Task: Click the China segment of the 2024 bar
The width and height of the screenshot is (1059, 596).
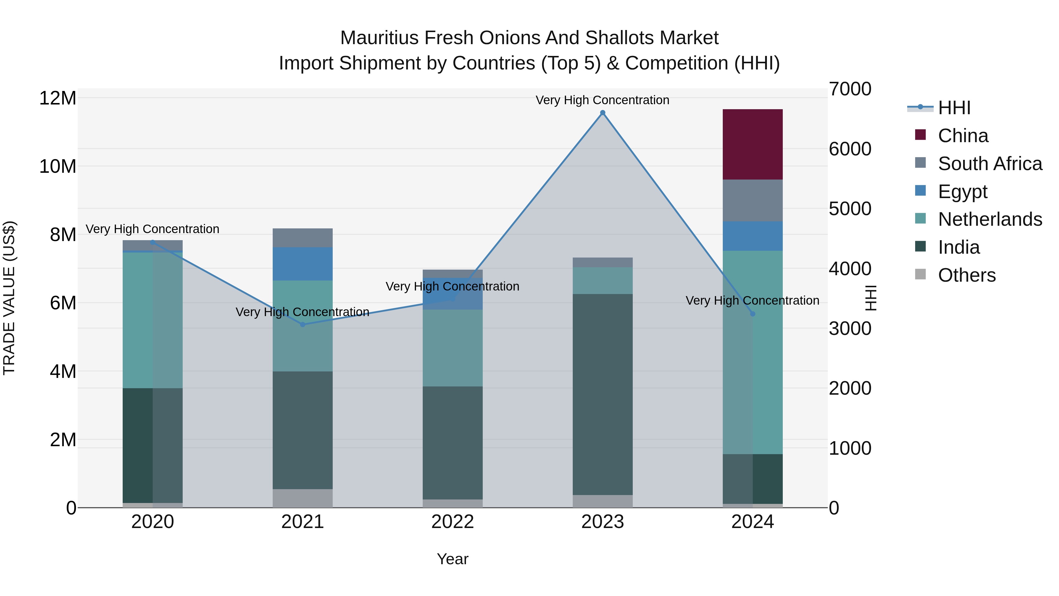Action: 752,145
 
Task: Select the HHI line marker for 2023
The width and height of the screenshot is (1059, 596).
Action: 603,113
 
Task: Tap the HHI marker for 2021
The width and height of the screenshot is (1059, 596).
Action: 303,325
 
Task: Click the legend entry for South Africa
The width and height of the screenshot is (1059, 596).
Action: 990,164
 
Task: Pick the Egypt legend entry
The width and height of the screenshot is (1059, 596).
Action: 963,192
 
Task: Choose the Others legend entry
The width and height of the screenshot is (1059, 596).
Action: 967,275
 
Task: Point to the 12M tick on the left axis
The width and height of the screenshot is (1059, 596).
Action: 58,98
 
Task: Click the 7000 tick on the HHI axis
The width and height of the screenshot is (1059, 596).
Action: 850,89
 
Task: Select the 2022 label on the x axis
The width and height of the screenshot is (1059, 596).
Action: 453,522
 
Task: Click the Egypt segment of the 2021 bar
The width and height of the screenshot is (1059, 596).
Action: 303,264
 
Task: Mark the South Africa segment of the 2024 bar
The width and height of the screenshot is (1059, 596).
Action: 752,200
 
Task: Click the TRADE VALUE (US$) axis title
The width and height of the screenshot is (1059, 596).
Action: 9,298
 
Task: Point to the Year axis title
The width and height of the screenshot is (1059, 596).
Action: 453,559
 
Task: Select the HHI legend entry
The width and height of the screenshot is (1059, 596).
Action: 954,108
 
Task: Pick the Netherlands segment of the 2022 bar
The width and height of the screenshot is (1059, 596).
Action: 453,348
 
